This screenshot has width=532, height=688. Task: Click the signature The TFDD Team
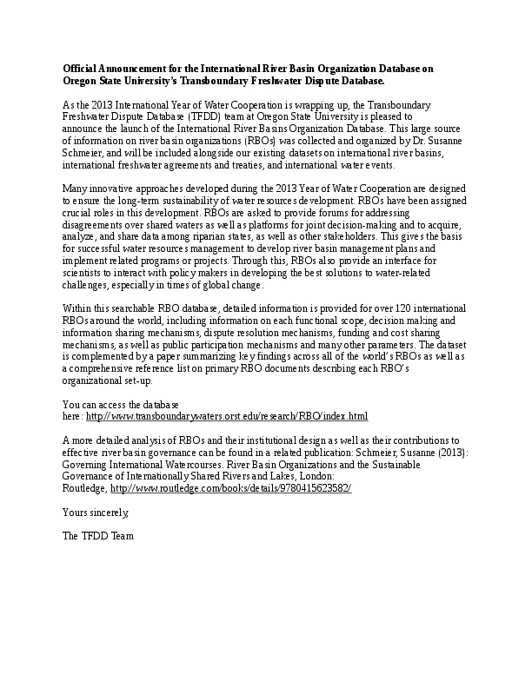point(98,536)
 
